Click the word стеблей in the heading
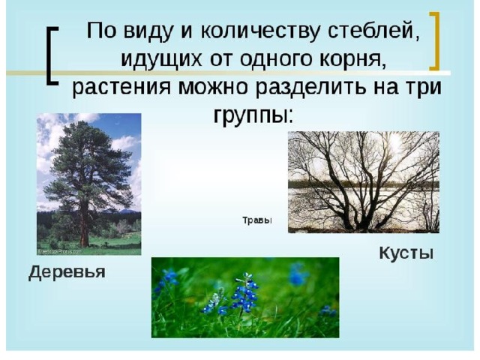[x=373, y=31]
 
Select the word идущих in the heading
[x=161, y=59]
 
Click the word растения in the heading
[x=121, y=88]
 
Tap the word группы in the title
[x=253, y=115]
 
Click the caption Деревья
[x=67, y=271]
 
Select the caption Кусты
[x=406, y=253]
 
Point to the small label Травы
[x=257, y=220]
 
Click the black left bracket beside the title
[x=51, y=55]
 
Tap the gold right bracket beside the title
[x=435, y=41]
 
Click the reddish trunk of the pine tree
[x=83, y=226]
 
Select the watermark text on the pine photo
[x=59, y=252]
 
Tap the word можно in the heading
[x=212, y=88]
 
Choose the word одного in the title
[x=277, y=59]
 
